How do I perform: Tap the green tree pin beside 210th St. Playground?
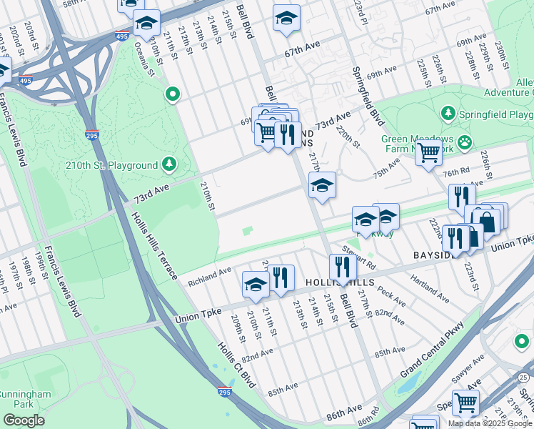[x=169, y=165]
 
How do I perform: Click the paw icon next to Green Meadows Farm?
[x=465, y=141]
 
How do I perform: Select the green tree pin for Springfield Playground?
[x=448, y=114]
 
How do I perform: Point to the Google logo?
[x=24, y=420]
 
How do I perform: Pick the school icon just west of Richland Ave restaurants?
[x=256, y=285]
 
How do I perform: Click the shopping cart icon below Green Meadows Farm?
[x=428, y=152]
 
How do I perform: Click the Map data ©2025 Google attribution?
[x=490, y=423]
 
